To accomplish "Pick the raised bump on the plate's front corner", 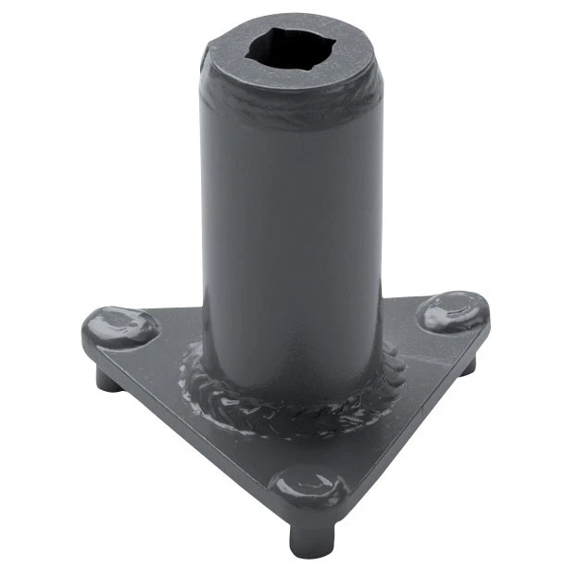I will click(303, 488).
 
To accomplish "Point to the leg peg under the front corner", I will click(305, 536).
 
